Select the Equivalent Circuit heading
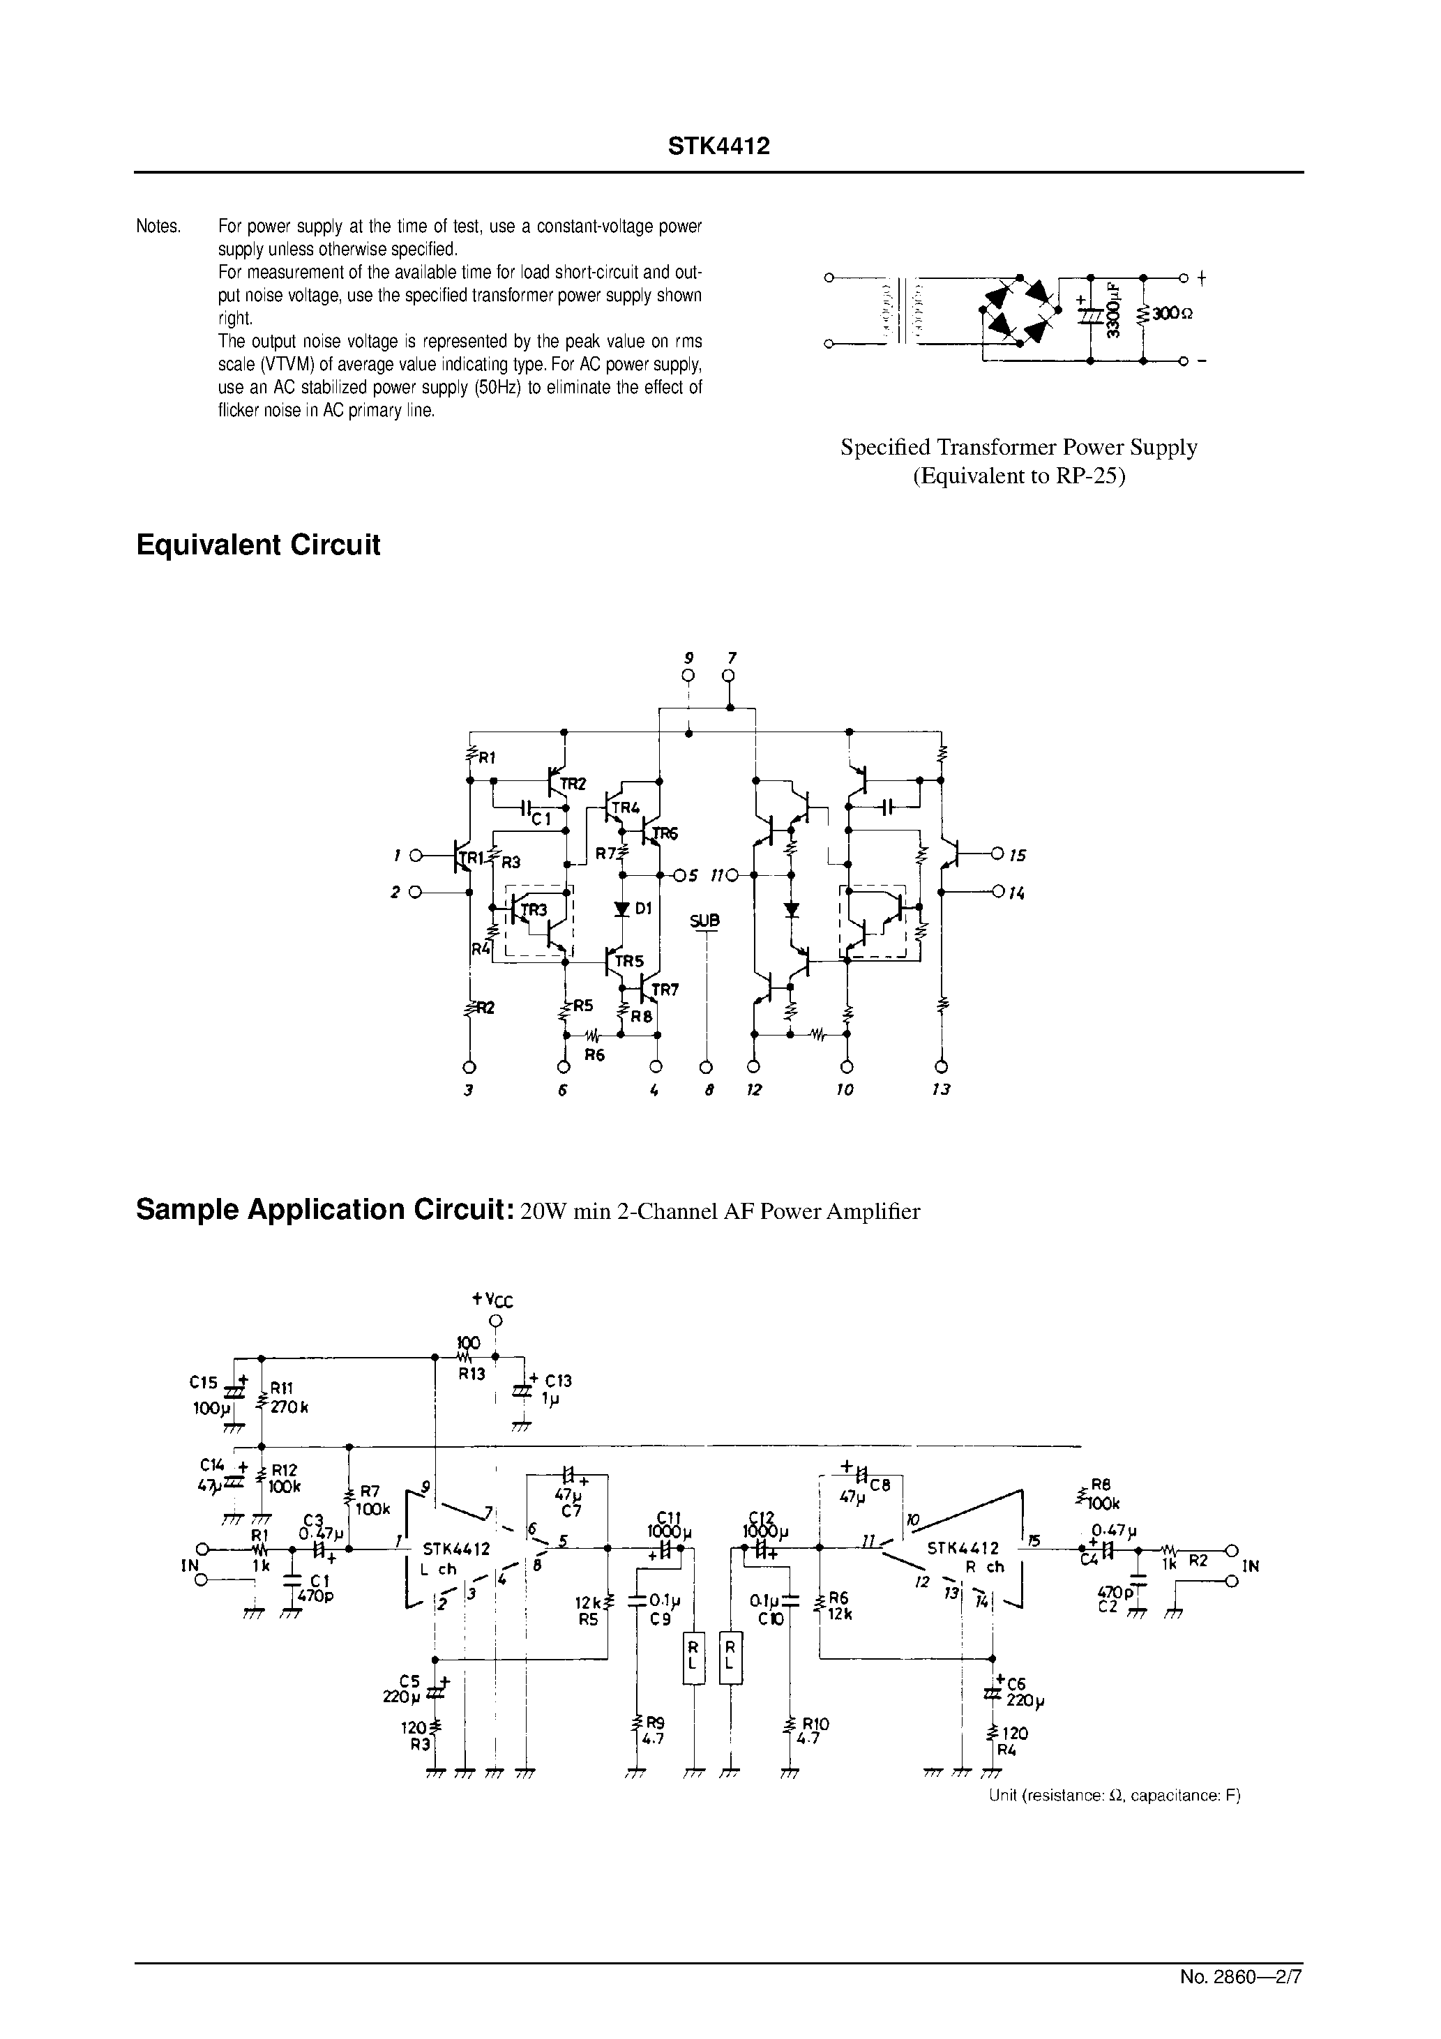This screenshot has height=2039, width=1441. [x=257, y=545]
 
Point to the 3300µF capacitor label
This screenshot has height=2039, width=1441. [x=1113, y=310]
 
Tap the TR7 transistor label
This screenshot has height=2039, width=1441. [x=665, y=990]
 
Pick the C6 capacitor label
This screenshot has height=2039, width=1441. [x=1016, y=1682]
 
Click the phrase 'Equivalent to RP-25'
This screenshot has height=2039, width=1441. [x=1019, y=476]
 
